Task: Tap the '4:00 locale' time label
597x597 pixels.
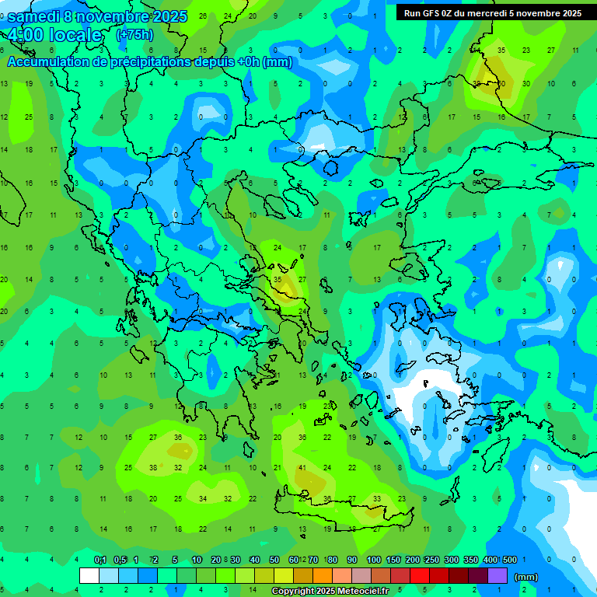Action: [x=54, y=35]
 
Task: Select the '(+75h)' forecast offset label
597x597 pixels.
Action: [x=134, y=35]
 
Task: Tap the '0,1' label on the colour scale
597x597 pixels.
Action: [x=100, y=560]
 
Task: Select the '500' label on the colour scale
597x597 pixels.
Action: [x=510, y=560]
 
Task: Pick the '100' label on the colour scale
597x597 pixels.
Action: [x=373, y=560]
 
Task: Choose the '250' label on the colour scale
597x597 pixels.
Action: [x=431, y=560]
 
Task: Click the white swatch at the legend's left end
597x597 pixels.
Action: [x=89, y=575]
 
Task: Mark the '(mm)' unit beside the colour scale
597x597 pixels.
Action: [x=526, y=577]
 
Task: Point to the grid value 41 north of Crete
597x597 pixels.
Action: [x=302, y=468]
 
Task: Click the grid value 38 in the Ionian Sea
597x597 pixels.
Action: [x=153, y=468]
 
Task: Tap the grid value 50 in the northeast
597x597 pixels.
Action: [x=501, y=83]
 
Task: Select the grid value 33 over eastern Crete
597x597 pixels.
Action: [x=377, y=499]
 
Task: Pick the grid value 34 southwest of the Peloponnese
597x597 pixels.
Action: [x=203, y=499]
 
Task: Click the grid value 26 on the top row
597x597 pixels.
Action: [x=203, y=16]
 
